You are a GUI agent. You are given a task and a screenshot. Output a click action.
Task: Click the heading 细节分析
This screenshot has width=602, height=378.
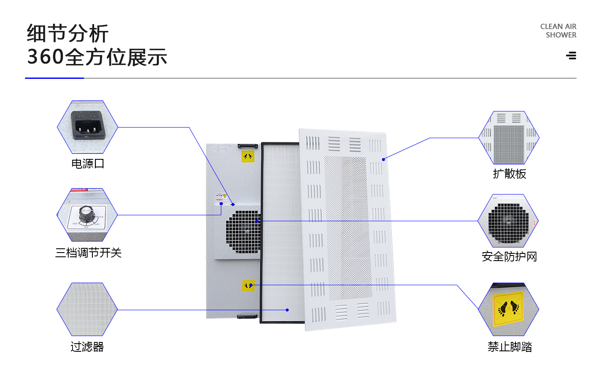click(x=68, y=33)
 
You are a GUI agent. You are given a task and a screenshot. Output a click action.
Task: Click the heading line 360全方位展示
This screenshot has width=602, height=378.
click(x=97, y=57)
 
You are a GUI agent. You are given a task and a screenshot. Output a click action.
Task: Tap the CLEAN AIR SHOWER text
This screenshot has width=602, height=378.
click(x=558, y=31)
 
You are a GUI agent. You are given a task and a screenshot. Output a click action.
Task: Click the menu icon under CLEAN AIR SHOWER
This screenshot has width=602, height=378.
click(x=571, y=56)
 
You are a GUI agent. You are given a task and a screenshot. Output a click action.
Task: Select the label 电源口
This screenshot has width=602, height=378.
click(x=87, y=164)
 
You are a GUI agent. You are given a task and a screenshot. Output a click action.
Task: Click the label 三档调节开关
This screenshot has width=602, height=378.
click(x=88, y=253)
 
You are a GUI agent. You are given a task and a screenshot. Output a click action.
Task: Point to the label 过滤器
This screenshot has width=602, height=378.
click(x=87, y=347)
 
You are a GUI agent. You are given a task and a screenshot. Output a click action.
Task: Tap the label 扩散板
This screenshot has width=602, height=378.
click(x=509, y=174)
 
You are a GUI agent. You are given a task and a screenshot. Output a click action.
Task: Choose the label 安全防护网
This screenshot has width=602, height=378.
click(x=509, y=257)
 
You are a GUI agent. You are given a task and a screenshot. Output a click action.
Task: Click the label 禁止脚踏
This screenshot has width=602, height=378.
click(x=510, y=347)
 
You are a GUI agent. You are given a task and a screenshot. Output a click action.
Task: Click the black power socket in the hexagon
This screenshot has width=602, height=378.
click(x=87, y=125)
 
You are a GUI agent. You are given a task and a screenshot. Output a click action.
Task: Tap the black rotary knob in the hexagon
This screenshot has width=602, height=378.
click(x=86, y=213)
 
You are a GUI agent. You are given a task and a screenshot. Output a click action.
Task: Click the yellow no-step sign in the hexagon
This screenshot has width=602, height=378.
click(x=508, y=309)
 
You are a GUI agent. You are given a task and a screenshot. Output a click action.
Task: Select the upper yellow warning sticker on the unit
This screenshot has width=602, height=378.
click(x=248, y=157)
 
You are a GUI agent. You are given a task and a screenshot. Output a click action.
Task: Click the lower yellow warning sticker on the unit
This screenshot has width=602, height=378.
click(x=248, y=286)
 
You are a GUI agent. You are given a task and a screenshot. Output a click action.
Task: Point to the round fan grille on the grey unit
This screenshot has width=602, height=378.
click(x=243, y=232)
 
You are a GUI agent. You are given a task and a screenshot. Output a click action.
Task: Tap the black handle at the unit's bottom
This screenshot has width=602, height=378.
click(x=247, y=316)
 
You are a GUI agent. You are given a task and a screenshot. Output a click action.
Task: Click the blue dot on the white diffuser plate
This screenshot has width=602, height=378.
click(x=383, y=159)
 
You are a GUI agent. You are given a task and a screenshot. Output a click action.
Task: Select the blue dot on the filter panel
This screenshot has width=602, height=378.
click(x=287, y=310)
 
